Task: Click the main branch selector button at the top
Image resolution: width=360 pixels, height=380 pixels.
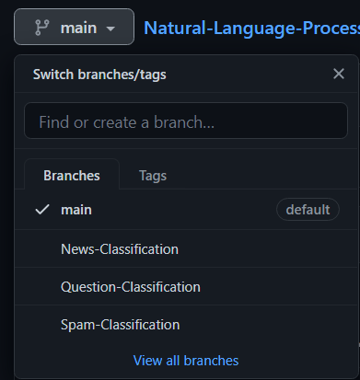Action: tap(74, 28)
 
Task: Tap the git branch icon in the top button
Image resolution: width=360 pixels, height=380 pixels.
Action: tap(41, 28)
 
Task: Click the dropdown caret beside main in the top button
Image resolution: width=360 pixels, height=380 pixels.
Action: tap(110, 29)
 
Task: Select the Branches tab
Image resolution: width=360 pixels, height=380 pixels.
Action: tap(71, 174)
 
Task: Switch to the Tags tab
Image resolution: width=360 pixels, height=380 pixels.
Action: tap(152, 174)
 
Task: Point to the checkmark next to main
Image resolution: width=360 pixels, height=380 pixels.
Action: tap(41, 210)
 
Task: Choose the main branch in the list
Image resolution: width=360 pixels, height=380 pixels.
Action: tap(76, 210)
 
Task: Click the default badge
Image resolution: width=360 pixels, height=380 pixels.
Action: tap(308, 210)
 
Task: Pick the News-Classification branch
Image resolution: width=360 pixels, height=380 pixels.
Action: tap(120, 248)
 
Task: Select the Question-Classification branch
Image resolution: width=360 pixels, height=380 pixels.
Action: tap(131, 286)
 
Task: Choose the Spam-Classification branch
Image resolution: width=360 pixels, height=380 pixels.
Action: tap(120, 324)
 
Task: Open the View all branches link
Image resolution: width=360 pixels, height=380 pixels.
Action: tap(186, 361)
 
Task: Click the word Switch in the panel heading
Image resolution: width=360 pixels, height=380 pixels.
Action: tap(53, 75)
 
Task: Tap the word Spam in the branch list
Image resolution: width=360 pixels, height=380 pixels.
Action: tap(77, 324)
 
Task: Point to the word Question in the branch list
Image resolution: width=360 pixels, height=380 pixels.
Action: tap(88, 286)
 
